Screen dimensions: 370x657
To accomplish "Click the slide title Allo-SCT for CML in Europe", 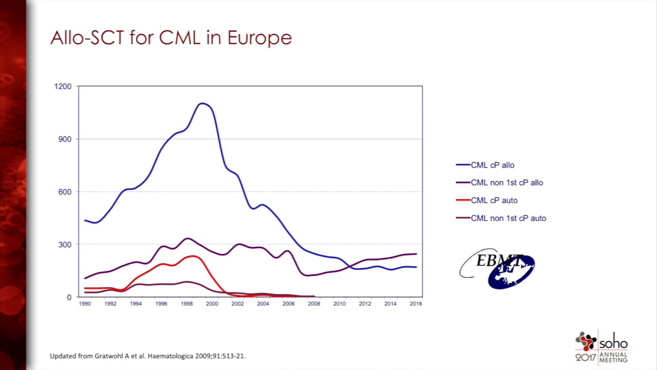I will tap(171, 38).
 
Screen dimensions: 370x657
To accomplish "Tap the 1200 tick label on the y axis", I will tap(63, 86).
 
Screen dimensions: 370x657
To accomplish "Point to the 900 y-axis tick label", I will tap(65, 139).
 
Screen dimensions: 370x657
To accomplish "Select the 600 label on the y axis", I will tap(65, 192).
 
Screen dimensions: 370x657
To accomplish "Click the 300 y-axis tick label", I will tap(65, 245).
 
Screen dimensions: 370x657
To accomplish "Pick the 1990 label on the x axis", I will tap(85, 304).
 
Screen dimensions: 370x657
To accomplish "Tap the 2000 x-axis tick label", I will tap(212, 304).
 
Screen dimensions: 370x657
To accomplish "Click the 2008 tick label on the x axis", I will tap(314, 304).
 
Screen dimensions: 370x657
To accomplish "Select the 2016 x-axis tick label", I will tap(416, 304).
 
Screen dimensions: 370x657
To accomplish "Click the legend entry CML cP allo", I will tap(492, 165).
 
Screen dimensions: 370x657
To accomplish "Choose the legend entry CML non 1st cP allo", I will tap(507, 182).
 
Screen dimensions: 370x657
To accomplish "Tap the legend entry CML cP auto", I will tap(494, 200).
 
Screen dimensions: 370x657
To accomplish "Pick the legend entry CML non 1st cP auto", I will tap(508, 218).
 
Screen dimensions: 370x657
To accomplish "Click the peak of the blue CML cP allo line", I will tap(202, 103).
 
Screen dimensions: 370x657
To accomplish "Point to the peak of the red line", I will tap(193, 255).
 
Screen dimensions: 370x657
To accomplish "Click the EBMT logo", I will tap(497, 268).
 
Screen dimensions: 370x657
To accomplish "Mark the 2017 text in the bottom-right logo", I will tap(586, 357).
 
